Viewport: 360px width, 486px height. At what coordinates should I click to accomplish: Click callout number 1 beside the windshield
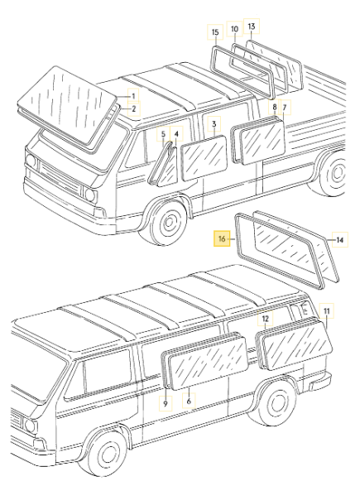pos(129,96)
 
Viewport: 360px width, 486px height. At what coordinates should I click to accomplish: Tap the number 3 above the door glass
pos(214,124)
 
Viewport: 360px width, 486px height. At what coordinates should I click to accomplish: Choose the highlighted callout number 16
pos(221,238)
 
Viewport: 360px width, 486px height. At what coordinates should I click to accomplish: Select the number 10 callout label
pos(234,29)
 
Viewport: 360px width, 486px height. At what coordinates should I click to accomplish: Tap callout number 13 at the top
pos(252,26)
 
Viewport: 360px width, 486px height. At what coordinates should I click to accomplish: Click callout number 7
pos(284,108)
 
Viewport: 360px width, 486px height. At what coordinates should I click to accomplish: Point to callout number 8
pos(275,108)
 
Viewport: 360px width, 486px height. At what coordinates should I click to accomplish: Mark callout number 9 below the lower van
pos(165,402)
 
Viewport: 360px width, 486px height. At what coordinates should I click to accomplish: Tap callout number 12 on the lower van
pos(265,318)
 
